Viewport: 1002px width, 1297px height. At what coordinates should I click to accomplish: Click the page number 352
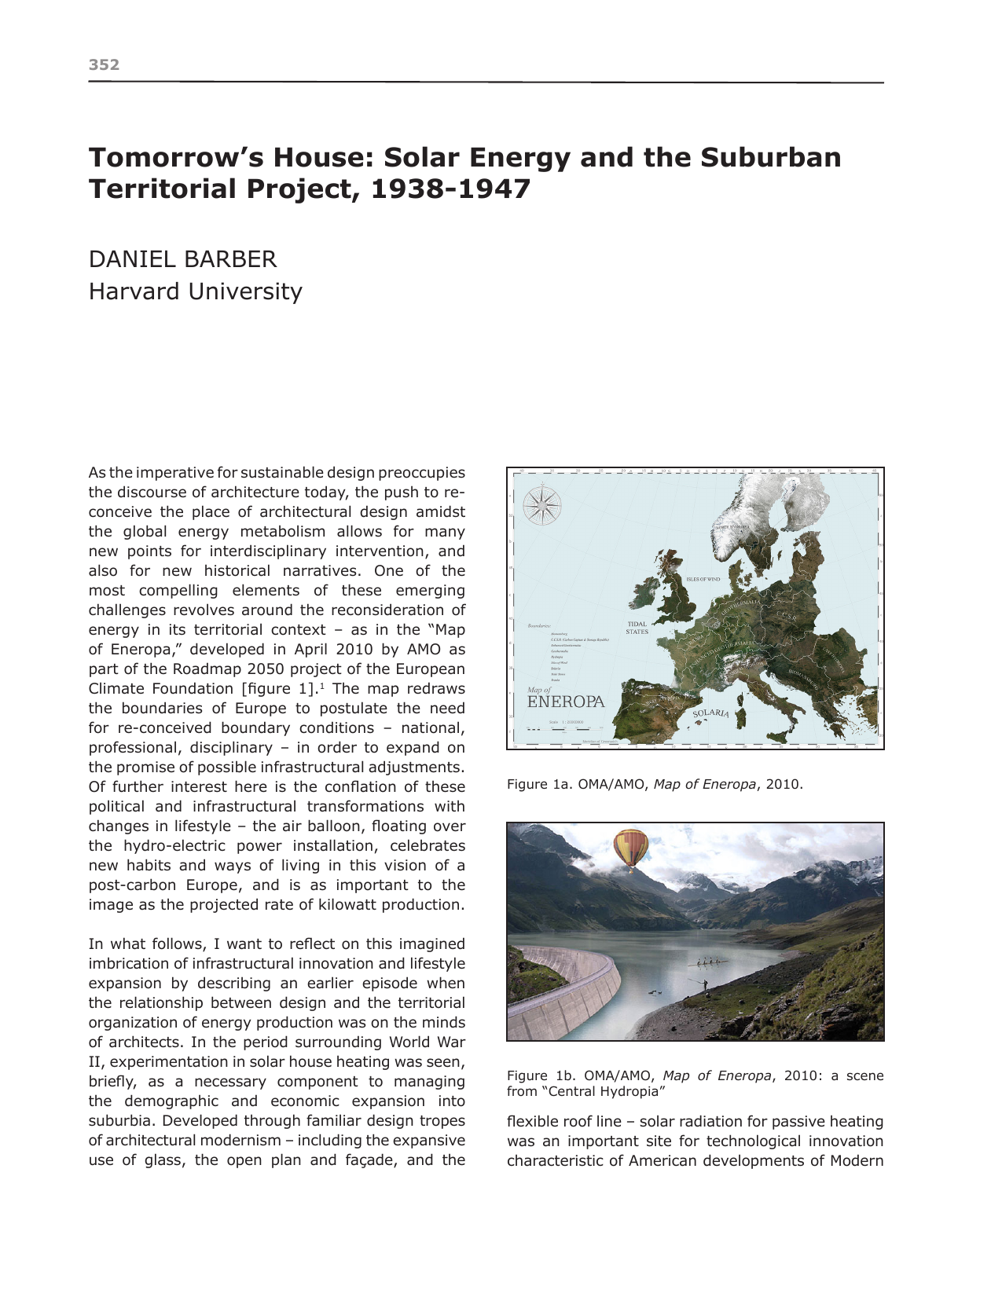coord(104,64)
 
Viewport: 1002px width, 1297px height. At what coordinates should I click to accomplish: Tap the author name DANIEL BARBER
coord(182,259)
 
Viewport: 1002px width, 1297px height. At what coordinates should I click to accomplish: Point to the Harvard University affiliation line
coord(195,291)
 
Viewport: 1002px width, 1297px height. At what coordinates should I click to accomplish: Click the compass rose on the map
coord(541,505)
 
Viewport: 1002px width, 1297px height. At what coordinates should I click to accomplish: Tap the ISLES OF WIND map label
coord(703,579)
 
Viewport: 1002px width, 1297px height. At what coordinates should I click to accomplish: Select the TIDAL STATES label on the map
coord(637,628)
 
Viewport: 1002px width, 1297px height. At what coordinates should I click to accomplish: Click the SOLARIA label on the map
coord(711,713)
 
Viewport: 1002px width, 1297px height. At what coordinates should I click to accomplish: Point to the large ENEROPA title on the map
coord(566,702)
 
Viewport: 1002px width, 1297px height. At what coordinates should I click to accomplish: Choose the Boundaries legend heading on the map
coord(539,625)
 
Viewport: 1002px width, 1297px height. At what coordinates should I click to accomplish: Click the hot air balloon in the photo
coord(630,848)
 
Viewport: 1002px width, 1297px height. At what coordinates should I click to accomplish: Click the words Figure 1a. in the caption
coord(537,784)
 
